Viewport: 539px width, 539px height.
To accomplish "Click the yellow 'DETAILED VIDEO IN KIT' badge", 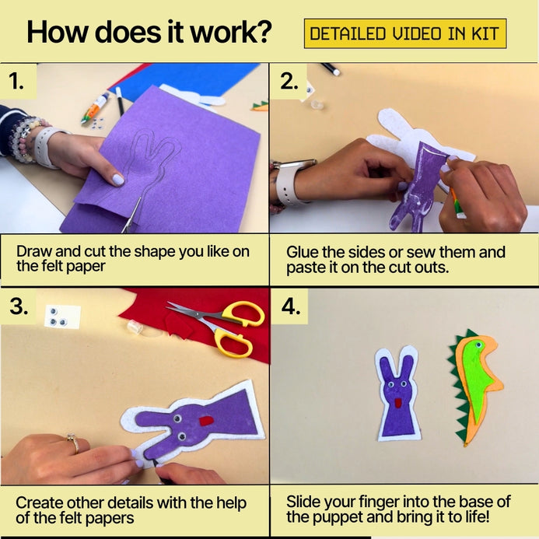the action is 405,33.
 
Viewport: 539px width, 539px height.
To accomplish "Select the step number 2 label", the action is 289,82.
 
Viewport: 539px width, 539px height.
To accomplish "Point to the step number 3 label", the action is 19,306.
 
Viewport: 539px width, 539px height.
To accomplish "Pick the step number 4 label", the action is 291,306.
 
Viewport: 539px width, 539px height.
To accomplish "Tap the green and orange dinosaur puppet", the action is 474,387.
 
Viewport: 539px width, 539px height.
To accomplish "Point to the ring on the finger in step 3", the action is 74,443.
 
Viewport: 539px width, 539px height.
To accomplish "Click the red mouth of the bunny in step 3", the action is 207,421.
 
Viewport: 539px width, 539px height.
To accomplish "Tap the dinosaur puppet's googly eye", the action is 478,344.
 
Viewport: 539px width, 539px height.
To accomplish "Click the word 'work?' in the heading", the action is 231,32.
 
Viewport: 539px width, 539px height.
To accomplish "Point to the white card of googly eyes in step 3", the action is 62,317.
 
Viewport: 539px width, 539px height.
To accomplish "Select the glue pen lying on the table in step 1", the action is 95,108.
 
